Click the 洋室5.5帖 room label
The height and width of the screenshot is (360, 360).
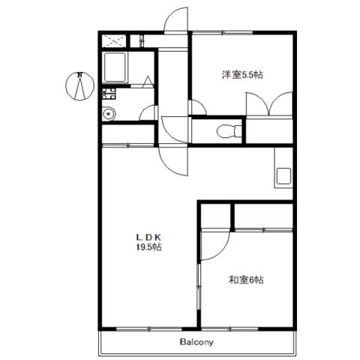click(242, 75)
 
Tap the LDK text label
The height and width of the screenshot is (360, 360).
click(149, 236)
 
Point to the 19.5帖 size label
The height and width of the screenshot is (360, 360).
click(149, 247)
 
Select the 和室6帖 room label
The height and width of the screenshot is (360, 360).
click(246, 280)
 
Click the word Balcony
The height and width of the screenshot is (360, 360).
click(196, 342)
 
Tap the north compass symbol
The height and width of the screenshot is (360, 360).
click(79, 86)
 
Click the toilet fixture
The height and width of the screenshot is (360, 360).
click(229, 131)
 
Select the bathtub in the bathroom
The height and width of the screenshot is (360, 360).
click(115, 67)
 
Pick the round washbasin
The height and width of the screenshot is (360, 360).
click(109, 114)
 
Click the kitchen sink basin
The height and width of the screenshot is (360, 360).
click(283, 176)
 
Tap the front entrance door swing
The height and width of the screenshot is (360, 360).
click(175, 20)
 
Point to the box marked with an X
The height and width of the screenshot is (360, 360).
click(114, 40)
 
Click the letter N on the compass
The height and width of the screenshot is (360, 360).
click(80, 74)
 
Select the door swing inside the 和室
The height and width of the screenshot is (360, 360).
click(215, 246)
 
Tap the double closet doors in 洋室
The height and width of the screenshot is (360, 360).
click(269, 104)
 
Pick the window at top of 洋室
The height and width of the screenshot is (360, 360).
click(223, 32)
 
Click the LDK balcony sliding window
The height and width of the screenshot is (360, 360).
click(149, 328)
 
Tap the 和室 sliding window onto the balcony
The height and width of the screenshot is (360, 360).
click(229, 328)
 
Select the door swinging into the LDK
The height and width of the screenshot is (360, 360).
click(173, 160)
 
